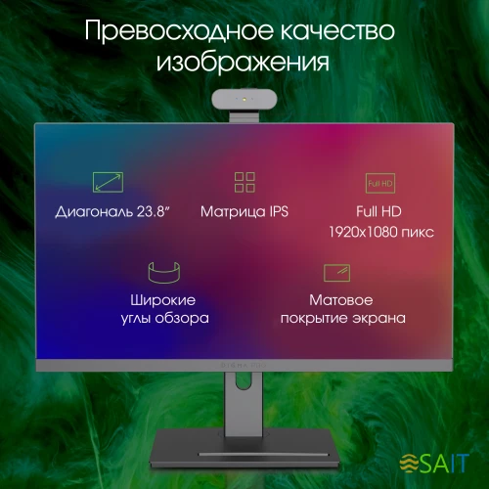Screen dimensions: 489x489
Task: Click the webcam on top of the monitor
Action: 244,103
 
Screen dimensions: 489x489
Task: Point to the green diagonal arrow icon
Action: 108,182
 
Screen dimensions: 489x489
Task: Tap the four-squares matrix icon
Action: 244,182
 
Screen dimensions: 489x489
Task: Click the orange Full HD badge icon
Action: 379,182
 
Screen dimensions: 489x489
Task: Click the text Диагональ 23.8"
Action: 107,211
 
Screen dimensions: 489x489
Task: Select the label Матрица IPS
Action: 244,211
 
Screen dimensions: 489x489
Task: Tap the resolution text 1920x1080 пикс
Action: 381,234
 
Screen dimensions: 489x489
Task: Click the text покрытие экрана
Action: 342,319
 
